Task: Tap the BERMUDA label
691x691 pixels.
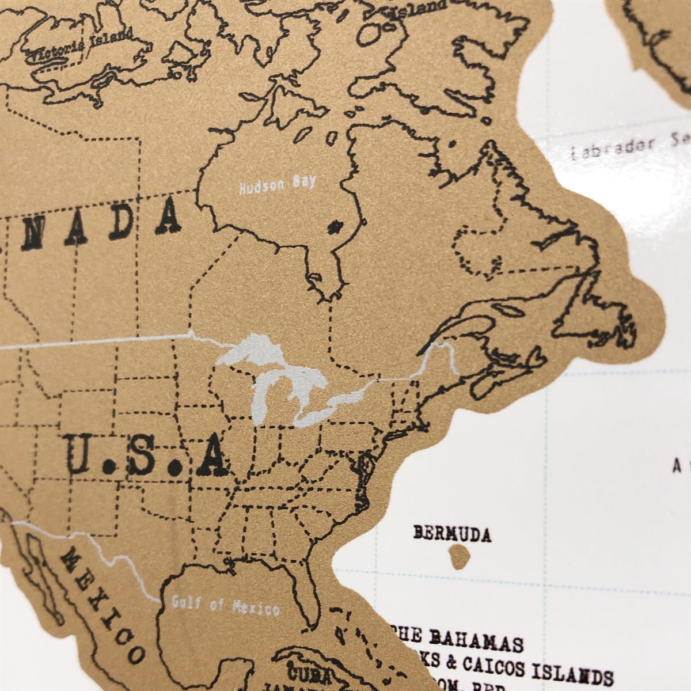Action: [452, 534]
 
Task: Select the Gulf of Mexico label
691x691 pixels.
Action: [226, 605]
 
